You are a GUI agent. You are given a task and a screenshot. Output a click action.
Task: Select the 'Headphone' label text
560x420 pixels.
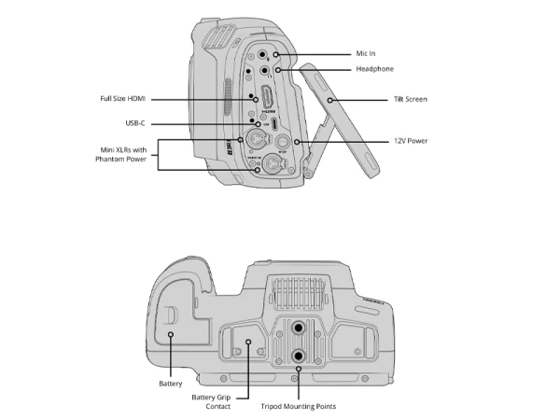pos(376,69)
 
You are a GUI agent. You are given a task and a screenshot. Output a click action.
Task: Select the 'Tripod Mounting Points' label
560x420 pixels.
pos(300,406)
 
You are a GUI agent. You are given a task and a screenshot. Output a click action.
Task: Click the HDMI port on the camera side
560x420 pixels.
pos(267,97)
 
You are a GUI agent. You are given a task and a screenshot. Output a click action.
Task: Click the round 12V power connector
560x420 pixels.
pos(279,144)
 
